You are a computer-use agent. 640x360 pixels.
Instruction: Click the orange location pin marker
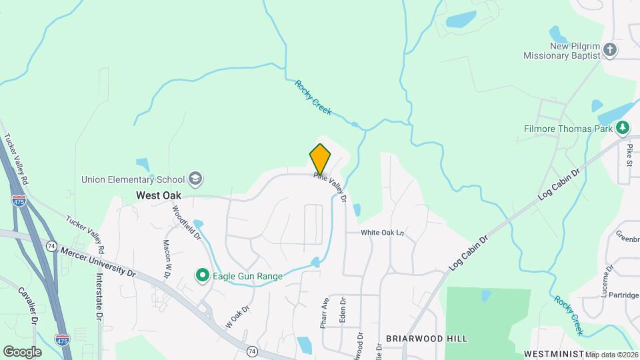click(320, 159)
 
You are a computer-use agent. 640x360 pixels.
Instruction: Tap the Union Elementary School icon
click(196, 179)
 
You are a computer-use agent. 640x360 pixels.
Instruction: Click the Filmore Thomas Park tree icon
click(623, 127)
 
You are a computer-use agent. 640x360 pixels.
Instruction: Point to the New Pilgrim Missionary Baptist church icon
click(610, 49)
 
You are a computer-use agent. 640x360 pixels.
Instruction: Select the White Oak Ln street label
click(383, 233)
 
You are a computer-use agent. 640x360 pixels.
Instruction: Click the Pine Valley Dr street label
click(331, 187)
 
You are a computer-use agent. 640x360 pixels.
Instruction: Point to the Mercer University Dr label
click(97, 263)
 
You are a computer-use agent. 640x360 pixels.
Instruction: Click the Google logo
click(22, 351)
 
